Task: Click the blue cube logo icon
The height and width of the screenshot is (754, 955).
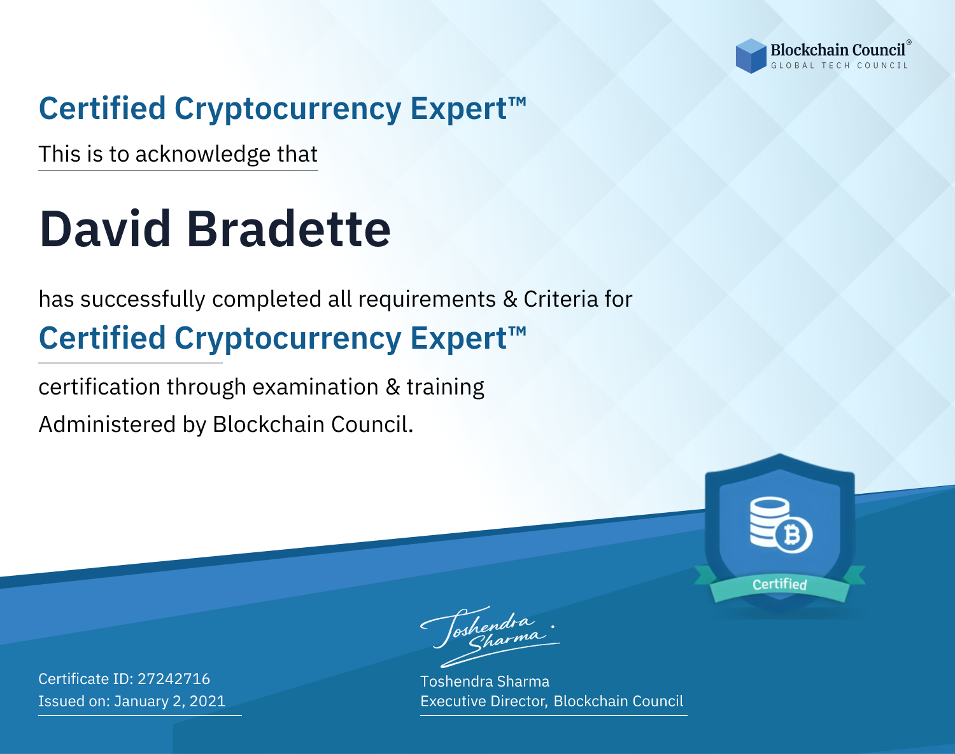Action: click(751, 56)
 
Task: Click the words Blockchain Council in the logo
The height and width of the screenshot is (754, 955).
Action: click(838, 50)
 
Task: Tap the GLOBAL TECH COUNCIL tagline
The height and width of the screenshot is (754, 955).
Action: click(840, 66)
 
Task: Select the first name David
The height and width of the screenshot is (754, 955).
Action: click(105, 229)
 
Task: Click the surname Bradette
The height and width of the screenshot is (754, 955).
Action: click(289, 229)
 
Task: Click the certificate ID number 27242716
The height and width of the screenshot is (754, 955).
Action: click(174, 678)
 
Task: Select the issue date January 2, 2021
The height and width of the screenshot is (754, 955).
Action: click(170, 701)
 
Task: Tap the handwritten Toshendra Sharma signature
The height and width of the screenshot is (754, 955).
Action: click(490, 636)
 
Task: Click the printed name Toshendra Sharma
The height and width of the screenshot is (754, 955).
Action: click(485, 681)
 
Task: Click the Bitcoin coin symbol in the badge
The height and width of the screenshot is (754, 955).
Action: click(793, 535)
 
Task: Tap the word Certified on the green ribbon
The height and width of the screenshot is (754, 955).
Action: click(780, 585)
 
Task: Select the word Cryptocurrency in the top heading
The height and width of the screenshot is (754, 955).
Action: click(288, 109)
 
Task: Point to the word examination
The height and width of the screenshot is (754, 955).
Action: click(316, 387)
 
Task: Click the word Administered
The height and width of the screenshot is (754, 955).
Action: click(108, 424)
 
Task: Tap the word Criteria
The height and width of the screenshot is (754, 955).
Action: click(561, 299)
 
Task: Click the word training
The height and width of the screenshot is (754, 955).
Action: click(446, 387)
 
